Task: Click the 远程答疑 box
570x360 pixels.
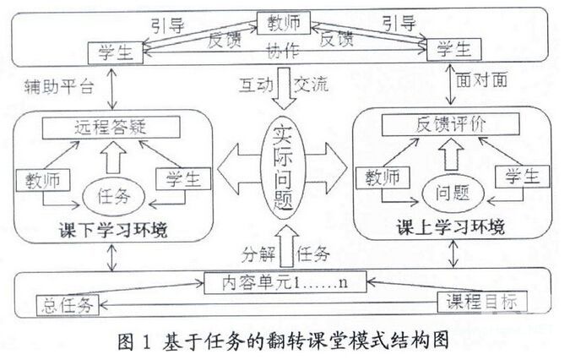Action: click(111, 128)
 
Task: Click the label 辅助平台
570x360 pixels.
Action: click(52, 88)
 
